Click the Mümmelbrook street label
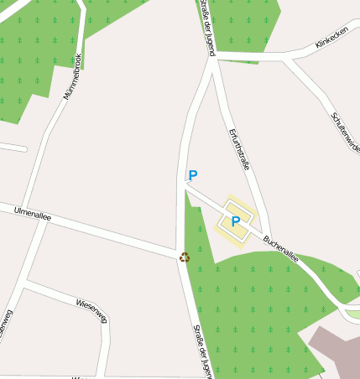pyautogui.click(x=72, y=76)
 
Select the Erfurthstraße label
pyautogui.click(x=239, y=149)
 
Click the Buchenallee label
pyautogui.click(x=281, y=250)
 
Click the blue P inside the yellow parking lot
pyautogui.click(x=236, y=221)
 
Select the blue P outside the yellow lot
pyautogui.click(x=193, y=175)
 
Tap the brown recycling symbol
pyautogui.click(x=185, y=257)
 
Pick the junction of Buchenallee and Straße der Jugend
pyautogui.click(x=185, y=186)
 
